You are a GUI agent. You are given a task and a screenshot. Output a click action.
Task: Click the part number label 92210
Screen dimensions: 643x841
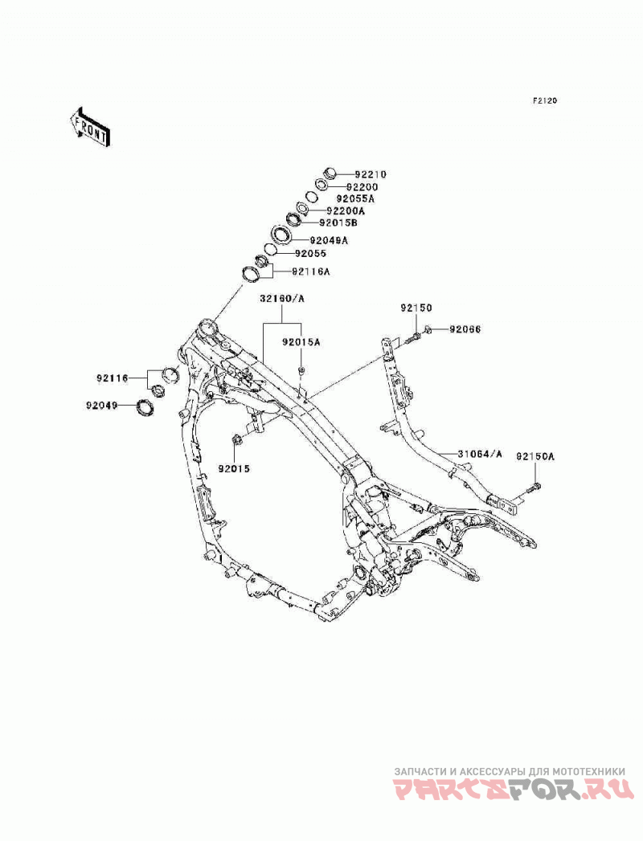(371, 174)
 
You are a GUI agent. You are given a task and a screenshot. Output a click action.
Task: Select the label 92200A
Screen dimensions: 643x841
(346, 210)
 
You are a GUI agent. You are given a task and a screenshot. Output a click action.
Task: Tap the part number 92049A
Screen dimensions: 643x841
(329, 240)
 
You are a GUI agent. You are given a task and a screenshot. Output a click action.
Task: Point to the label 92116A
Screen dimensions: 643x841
(311, 271)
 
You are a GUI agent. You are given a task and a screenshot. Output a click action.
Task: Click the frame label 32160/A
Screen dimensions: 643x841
(282, 298)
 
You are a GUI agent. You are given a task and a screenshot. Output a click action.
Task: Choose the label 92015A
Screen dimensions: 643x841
(301, 341)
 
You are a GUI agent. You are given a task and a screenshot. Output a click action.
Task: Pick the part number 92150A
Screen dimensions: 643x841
(535, 456)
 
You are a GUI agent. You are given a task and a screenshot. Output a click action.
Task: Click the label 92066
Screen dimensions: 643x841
(465, 329)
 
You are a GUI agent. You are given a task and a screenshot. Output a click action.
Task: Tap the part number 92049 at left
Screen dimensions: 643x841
(101, 406)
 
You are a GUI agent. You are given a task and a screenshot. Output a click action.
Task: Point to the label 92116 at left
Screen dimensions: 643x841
(113, 378)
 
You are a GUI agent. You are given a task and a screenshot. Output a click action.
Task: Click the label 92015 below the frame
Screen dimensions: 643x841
(234, 468)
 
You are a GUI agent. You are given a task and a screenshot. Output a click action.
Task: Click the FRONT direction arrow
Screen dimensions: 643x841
(90, 127)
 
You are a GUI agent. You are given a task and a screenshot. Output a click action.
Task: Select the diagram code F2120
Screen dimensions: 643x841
(545, 100)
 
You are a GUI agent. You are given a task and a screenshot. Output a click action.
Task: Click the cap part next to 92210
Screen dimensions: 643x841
(330, 174)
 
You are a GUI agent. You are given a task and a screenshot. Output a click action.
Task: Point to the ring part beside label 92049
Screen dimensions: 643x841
(145, 407)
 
